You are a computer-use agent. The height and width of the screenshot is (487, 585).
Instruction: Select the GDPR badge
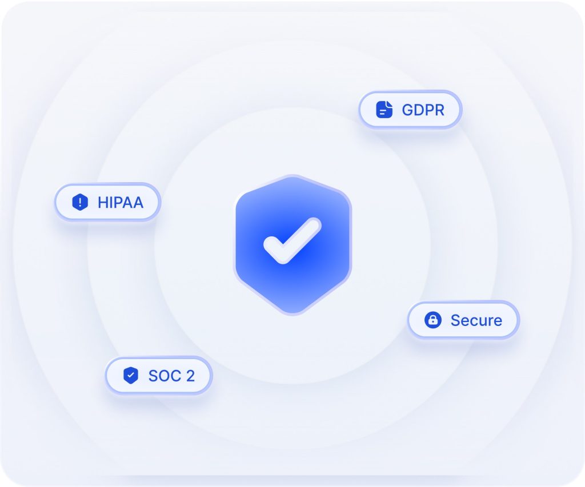click(410, 109)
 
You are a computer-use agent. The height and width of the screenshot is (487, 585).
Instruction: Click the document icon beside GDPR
click(384, 109)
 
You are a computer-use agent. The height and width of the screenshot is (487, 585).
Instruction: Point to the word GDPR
click(423, 110)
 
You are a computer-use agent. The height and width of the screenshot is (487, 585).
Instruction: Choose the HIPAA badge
click(107, 202)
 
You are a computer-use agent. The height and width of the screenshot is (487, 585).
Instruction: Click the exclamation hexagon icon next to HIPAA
click(81, 202)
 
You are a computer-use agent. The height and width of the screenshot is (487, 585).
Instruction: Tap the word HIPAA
click(121, 202)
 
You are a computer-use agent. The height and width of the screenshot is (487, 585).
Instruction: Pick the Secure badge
click(463, 320)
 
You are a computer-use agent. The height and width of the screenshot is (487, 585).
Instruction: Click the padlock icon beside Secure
click(433, 320)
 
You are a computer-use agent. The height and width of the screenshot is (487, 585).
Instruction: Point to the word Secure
click(476, 320)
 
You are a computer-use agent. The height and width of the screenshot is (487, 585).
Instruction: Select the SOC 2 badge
click(158, 376)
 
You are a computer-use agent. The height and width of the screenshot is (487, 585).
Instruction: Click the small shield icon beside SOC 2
click(131, 376)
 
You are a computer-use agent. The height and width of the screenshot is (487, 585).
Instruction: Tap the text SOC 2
click(171, 376)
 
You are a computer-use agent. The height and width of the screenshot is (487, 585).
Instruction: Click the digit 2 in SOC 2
click(190, 376)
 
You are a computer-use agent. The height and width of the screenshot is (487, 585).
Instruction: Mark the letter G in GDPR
click(407, 110)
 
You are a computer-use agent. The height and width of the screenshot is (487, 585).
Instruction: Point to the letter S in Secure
click(455, 320)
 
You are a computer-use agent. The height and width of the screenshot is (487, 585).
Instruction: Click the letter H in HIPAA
click(103, 202)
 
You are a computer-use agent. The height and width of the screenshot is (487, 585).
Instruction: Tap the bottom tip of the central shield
click(293, 313)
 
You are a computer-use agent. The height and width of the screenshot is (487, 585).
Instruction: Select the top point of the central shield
click(293, 176)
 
